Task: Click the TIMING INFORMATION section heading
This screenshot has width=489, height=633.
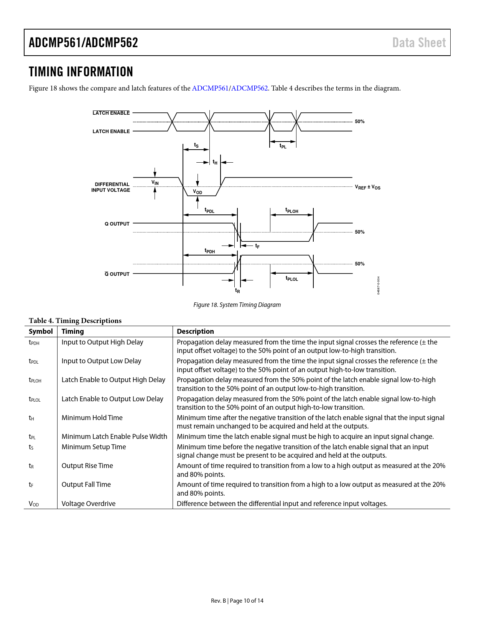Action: click(81, 72)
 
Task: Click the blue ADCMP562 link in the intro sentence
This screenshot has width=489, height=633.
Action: click(249, 88)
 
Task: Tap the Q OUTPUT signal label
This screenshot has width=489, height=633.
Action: click(117, 224)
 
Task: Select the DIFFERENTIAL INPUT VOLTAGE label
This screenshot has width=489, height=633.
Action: click(111, 187)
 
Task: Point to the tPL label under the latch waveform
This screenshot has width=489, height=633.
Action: click(283, 146)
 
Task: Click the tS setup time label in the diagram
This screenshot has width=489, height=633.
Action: click(196, 145)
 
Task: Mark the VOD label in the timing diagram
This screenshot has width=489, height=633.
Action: click(198, 192)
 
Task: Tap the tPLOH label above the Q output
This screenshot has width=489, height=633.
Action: click(291, 211)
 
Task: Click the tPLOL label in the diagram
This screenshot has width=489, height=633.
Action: click(291, 279)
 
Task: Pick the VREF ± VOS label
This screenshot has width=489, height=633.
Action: click(367, 187)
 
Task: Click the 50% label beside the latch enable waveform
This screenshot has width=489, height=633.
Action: click(359, 122)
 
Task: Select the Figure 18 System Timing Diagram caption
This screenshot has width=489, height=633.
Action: click(237, 305)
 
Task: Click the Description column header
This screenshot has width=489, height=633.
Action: click(195, 331)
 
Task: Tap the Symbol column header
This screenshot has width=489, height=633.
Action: click(41, 331)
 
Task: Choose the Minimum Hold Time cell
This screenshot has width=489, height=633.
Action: click(92, 418)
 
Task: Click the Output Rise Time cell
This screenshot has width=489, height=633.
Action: click(87, 466)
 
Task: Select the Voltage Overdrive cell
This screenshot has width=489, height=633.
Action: click(88, 504)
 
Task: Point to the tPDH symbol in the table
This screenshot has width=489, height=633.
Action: click(34, 343)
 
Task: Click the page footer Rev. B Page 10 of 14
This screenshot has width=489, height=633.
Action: click(237, 601)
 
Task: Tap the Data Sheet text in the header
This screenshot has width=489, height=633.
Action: click(419, 43)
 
